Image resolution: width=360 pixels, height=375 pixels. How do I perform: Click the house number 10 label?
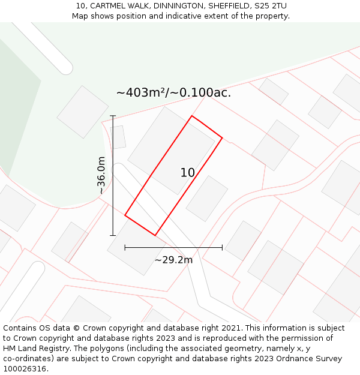pyautogui.click(x=187, y=173)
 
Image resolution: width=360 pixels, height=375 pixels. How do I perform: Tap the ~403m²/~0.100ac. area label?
pyautogui.click(x=173, y=93)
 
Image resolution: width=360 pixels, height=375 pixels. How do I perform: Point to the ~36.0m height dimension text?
pyautogui.click(x=101, y=175)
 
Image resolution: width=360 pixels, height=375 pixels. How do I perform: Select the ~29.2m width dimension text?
pyautogui.click(x=173, y=260)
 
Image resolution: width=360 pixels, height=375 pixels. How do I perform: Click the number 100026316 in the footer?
pyautogui.click(x=25, y=369)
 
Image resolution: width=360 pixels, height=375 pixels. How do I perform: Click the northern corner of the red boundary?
pyautogui.click(x=191, y=116)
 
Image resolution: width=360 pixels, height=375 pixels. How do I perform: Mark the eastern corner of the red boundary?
pyautogui.click(x=222, y=138)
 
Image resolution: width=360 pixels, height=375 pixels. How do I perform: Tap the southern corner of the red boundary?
pyautogui.click(x=155, y=235)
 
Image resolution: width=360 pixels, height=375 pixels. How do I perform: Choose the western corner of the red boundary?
pyautogui.click(x=125, y=214)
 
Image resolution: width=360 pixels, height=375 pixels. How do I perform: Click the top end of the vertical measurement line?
pyautogui.click(x=113, y=116)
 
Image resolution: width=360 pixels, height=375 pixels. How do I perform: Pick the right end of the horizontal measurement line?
pyautogui.click(x=222, y=247)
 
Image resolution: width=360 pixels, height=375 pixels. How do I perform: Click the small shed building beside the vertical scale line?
pyautogui.click(x=118, y=137)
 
